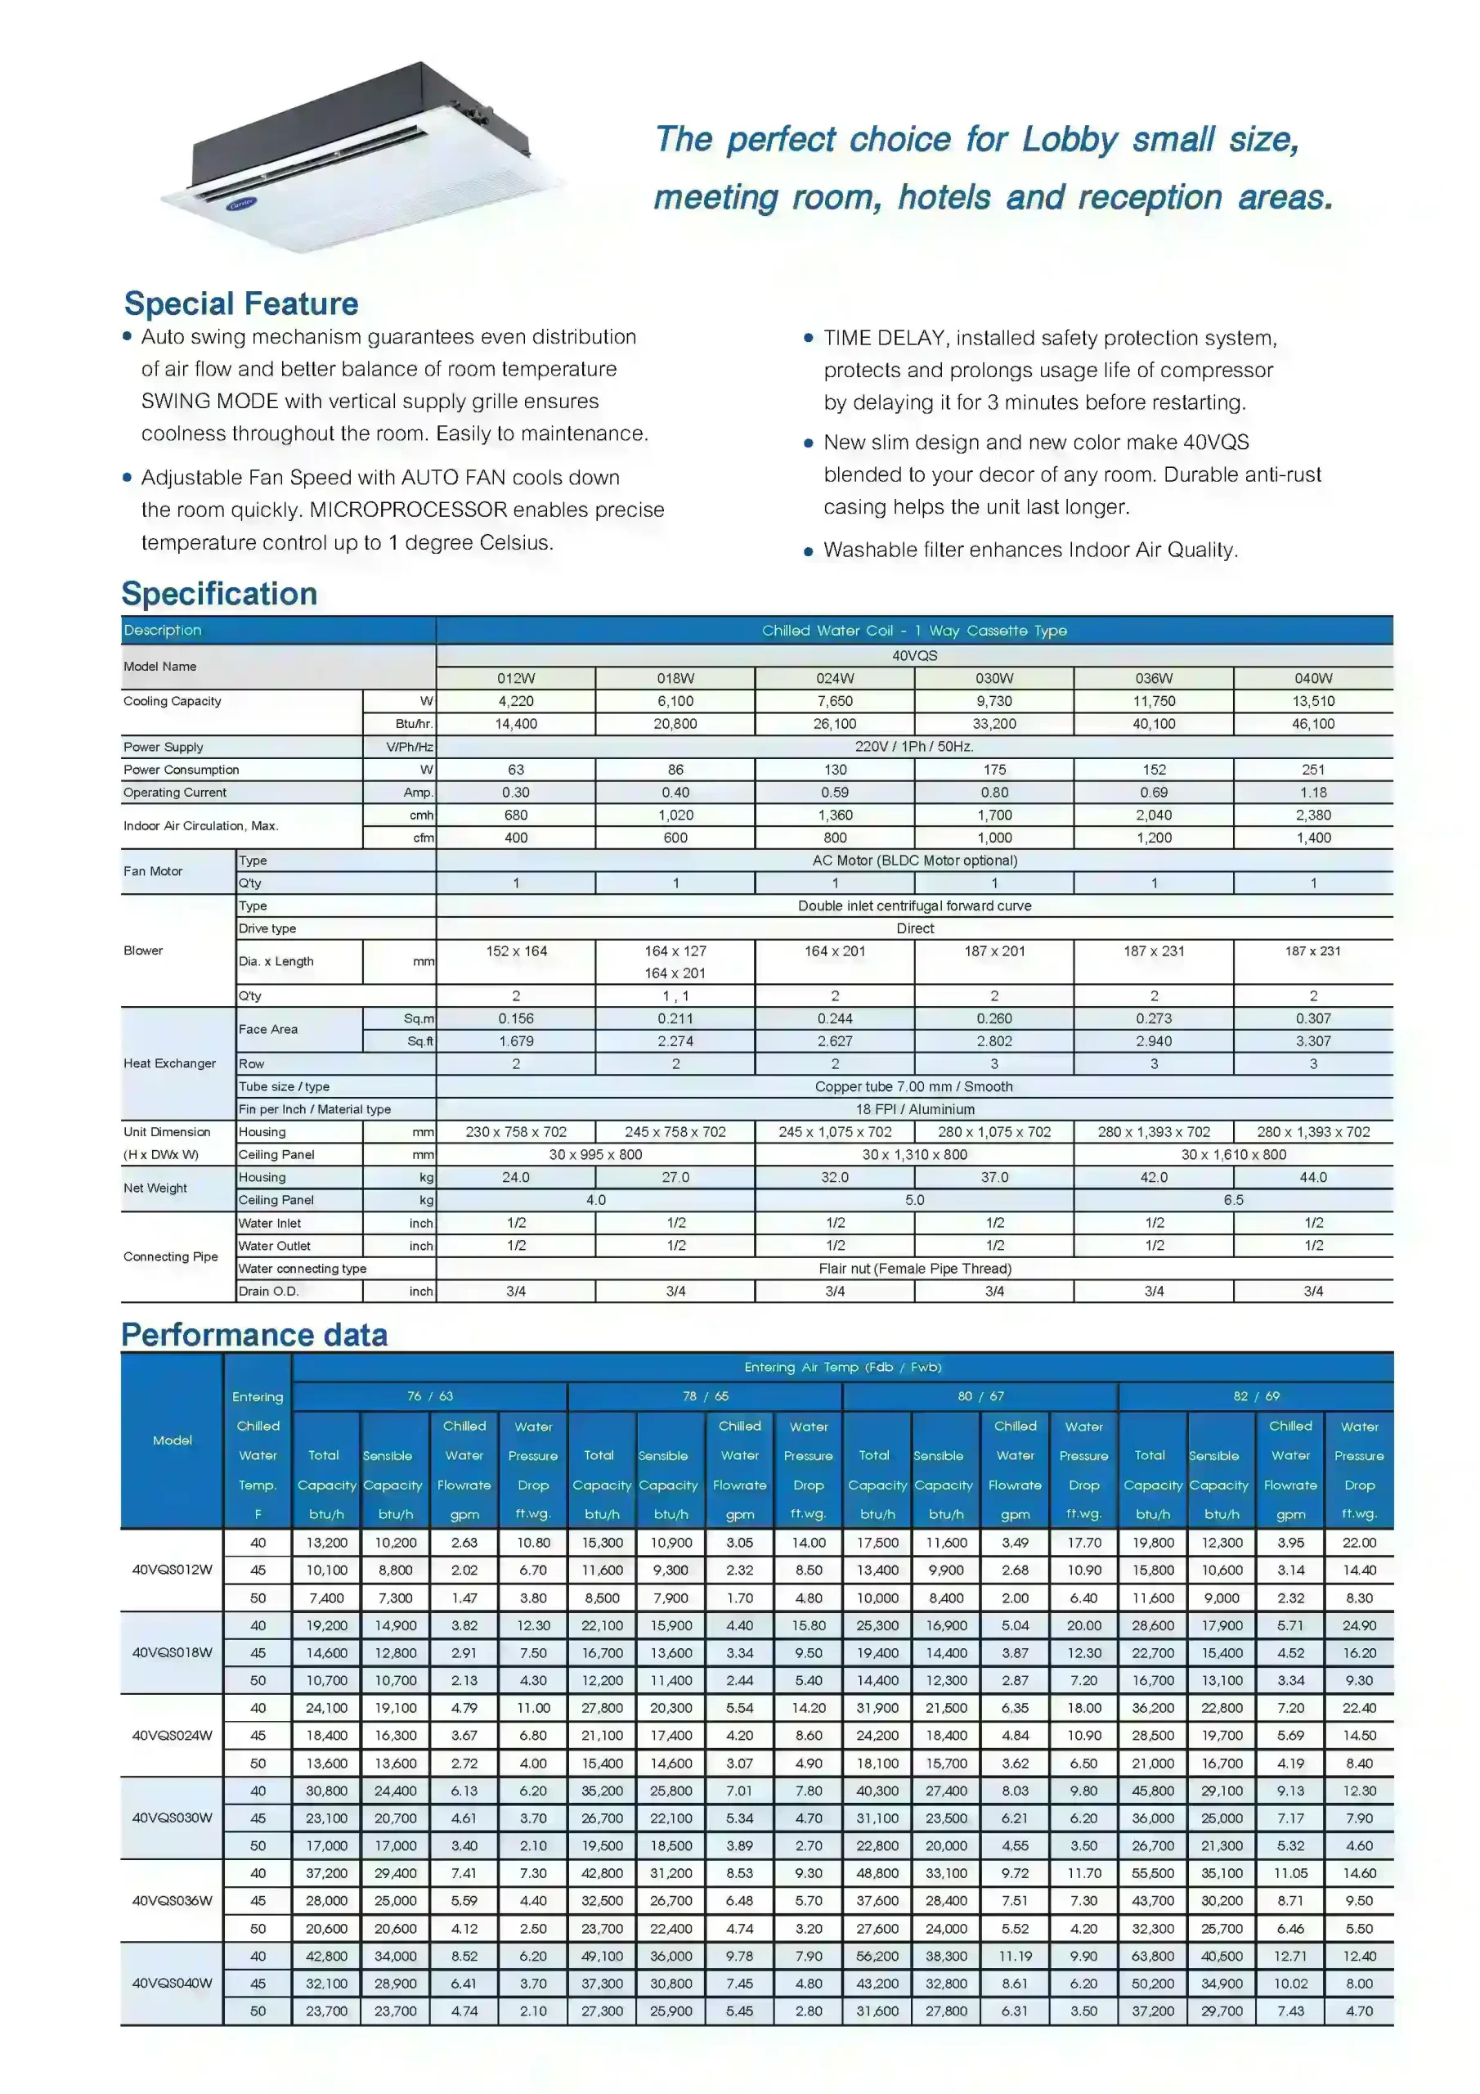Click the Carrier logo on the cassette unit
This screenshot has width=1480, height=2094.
[x=242, y=204]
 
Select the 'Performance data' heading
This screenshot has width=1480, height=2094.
[x=254, y=1335]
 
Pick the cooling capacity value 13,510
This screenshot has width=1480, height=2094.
[x=1313, y=701]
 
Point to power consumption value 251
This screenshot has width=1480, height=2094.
[x=1313, y=770]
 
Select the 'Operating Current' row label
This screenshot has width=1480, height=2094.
[x=175, y=793]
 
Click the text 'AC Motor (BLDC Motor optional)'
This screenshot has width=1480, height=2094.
[x=915, y=860]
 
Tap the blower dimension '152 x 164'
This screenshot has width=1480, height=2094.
[x=516, y=951]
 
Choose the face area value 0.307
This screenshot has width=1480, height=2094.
[x=1313, y=1018]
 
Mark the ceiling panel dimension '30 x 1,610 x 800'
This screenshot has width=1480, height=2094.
[x=1233, y=1155]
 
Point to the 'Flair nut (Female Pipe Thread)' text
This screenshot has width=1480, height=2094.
[x=915, y=1269]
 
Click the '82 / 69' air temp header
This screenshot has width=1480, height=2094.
[x=1256, y=1396]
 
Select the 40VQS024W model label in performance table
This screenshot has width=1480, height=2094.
[x=173, y=1735]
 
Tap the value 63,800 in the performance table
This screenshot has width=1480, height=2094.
[x=1153, y=1957]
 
